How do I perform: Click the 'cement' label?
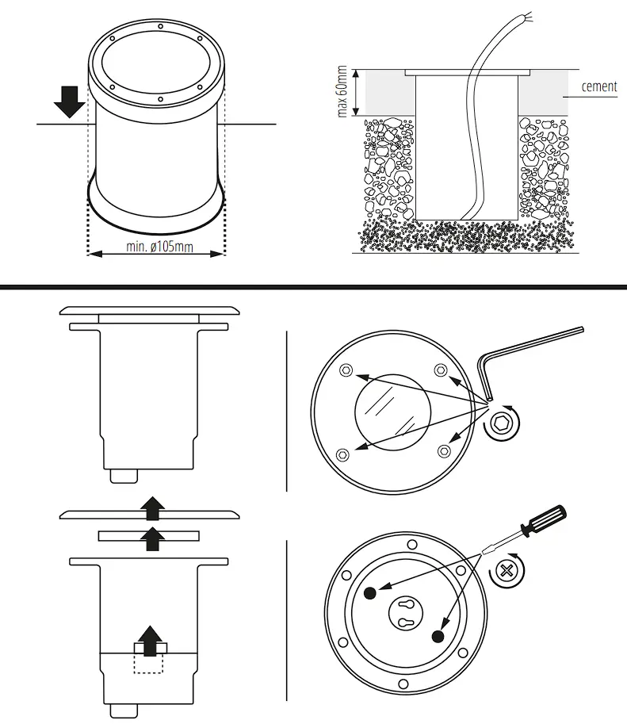click(x=598, y=86)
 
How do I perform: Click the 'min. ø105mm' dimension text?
click(x=159, y=247)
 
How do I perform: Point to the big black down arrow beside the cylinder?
click(x=71, y=101)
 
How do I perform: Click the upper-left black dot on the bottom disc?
click(x=369, y=594)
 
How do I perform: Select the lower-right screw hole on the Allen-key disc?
click(x=443, y=450)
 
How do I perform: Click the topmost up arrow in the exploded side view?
click(x=150, y=505)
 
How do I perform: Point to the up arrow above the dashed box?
click(x=150, y=636)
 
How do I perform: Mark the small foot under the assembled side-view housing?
click(x=124, y=474)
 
